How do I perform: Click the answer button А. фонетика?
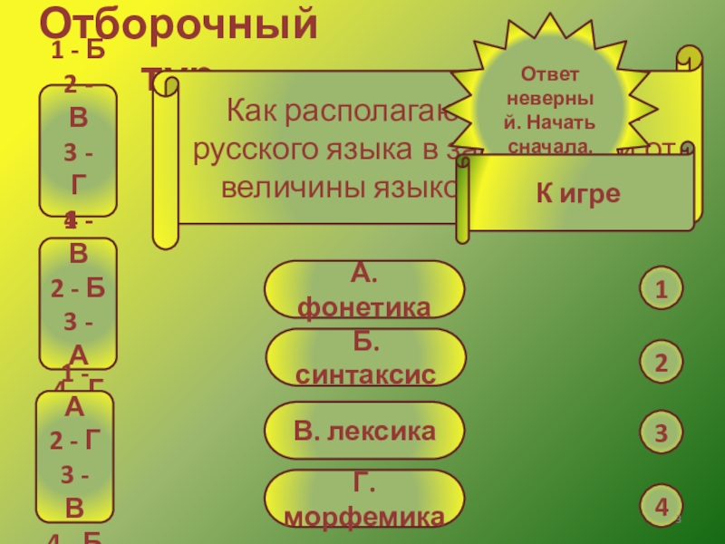click(363, 289)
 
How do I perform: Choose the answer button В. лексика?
click(363, 431)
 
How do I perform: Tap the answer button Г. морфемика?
click(363, 499)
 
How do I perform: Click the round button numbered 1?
click(662, 290)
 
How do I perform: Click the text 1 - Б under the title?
click(78, 51)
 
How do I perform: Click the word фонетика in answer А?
click(364, 308)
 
